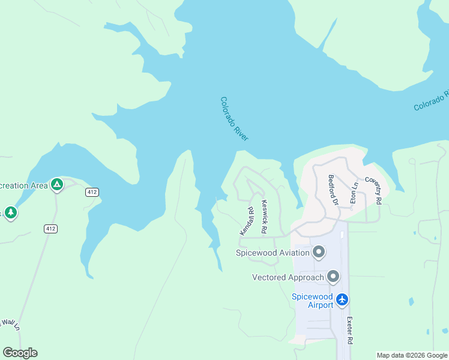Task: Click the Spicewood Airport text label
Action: point(312,301)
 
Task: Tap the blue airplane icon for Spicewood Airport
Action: point(342,299)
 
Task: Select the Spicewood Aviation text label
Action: point(273,253)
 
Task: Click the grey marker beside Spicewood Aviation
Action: point(319,252)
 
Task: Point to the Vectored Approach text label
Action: point(288,277)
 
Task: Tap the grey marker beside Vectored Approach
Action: point(333,277)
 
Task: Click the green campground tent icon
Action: point(56,185)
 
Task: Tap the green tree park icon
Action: point(10,212)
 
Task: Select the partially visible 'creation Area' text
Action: point(23,185)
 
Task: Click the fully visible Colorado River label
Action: point(234,119)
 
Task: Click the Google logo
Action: point(20,352)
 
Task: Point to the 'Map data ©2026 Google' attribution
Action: point(412,355)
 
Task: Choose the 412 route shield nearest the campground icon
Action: point(91,192)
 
